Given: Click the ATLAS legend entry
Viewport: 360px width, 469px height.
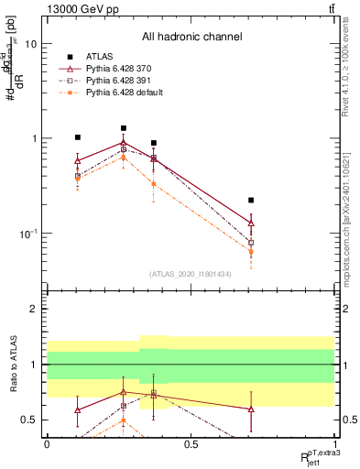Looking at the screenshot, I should coord(99,56).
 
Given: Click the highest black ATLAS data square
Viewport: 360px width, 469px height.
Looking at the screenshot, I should coord(124,128).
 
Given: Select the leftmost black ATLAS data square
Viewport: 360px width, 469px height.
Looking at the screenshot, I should coord(78,137).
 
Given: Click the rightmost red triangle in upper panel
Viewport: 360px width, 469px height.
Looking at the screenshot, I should coord(251,224).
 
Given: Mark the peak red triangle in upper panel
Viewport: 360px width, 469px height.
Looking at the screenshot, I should coord(124,143).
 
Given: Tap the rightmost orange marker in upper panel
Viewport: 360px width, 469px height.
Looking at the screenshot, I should coord(251,252).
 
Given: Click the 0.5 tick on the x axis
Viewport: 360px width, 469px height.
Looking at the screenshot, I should coord(191,444).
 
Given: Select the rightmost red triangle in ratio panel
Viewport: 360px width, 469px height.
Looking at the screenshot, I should coord(251,409).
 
